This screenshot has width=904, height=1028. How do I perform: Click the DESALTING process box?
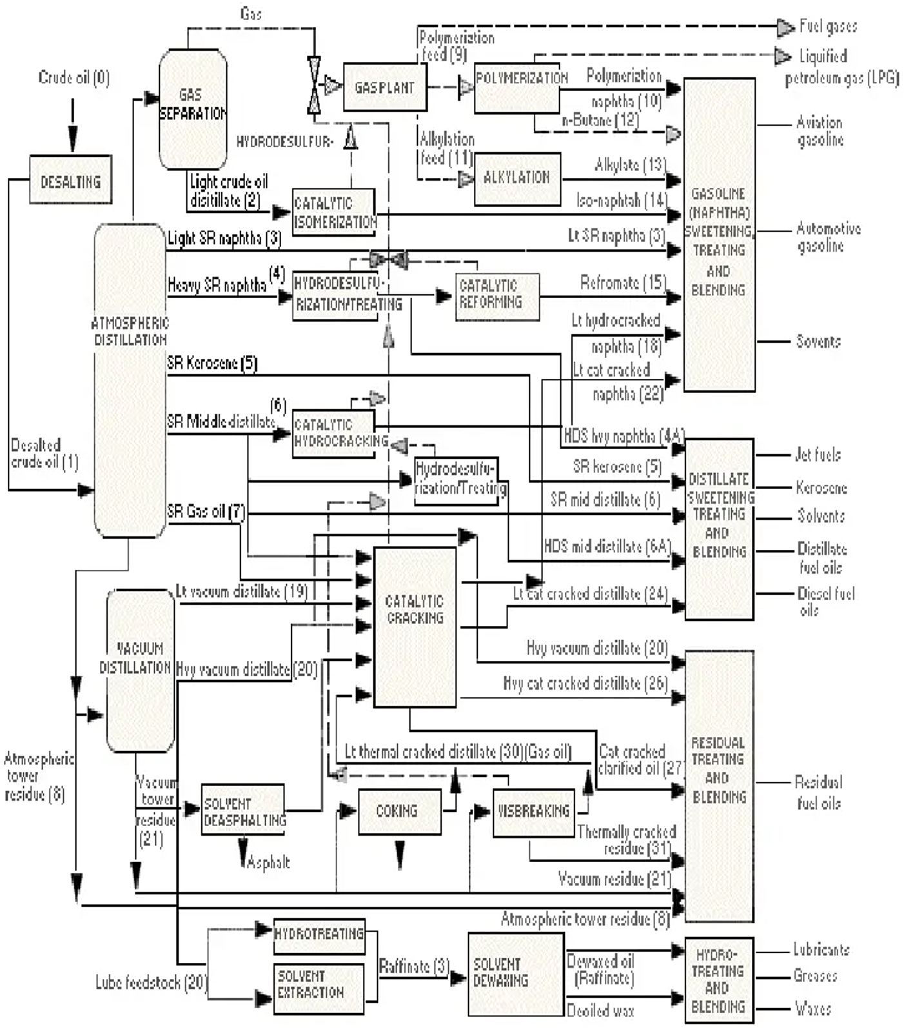[71, 180]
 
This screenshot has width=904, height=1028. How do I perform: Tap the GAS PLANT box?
[384, 86]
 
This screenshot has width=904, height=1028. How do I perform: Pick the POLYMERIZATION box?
[516, 87]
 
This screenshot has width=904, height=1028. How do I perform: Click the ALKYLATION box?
[517, 179]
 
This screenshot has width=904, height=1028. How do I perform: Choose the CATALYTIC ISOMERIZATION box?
[333, 212]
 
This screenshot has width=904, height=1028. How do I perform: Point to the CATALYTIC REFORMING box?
[496, 296]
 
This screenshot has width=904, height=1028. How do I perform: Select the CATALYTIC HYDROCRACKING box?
[333, 434]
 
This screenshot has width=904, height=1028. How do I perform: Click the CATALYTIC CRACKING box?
[415, 626]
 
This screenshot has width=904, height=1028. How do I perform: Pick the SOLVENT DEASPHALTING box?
[242, 809]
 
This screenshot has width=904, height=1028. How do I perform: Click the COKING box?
[399, 811]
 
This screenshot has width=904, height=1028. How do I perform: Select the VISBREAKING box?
[533, 812]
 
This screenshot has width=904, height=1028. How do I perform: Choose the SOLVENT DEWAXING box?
[516, 973]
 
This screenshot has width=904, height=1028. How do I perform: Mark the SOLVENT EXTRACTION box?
[319, 987]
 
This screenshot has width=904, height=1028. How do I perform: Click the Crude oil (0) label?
[74, 78]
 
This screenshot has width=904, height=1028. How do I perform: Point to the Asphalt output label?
[268, 862]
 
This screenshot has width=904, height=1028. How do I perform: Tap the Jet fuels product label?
[817, 455]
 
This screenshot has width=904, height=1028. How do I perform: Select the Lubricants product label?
[821, 949]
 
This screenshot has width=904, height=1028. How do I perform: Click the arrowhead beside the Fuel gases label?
[784, 27]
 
